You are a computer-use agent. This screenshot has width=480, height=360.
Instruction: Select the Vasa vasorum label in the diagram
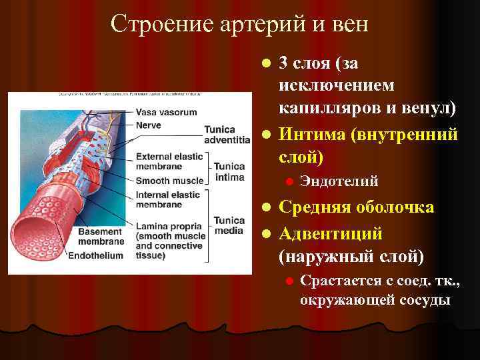tap(167, 112)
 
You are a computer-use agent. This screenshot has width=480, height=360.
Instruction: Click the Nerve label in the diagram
tap(148, 125)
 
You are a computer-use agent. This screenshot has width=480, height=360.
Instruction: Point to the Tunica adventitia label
tap(227, 135)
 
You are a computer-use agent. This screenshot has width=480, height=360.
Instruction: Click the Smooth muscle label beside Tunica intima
tap(169, 181)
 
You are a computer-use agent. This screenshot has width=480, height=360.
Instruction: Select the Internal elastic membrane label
tap(168, 200)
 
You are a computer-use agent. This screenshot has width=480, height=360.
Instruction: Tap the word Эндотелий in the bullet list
tap(339, 181)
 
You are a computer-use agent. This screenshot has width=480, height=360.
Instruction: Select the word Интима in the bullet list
tap(309, 135)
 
